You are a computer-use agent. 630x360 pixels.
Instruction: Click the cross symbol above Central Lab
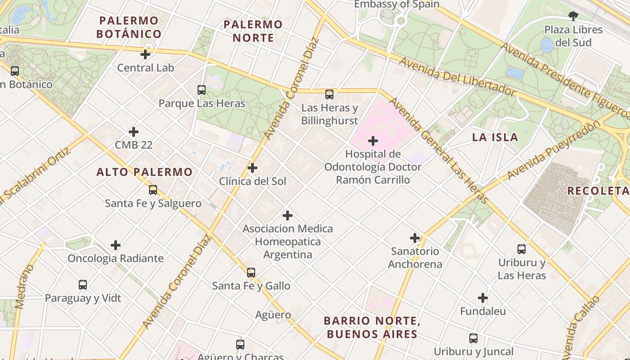tap(145, 54)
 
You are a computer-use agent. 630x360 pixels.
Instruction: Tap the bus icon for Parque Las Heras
tap(202, 90)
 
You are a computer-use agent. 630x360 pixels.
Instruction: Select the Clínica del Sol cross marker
tap(252, 168)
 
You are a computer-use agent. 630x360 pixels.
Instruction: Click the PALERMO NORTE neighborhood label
tap(253, 31)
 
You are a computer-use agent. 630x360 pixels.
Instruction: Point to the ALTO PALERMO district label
tap(144, 172)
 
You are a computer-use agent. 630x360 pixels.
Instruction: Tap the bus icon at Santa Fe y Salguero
tap(153, 190)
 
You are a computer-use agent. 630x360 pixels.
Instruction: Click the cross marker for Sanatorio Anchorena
tap(415, 238)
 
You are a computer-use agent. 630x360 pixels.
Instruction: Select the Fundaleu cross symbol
tap(483, 298)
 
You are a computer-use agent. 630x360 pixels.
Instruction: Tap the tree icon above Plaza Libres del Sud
tap(573, 16)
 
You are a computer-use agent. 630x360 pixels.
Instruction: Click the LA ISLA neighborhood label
tap(495, 137)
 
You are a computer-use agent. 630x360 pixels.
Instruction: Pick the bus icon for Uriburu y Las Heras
tap(522, 249)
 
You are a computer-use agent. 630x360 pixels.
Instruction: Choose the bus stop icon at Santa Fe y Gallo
tap(251, 272)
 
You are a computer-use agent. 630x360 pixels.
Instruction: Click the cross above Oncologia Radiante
tap(116, 245)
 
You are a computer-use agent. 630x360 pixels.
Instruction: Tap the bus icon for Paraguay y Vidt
tap(83, 284)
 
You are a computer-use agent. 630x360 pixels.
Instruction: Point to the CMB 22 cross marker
tap(134, 132)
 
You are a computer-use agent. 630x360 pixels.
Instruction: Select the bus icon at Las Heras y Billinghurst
tap(329, 94)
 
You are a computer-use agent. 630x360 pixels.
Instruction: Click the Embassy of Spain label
tap(396, 4)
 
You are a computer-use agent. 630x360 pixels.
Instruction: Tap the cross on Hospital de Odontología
tap(373, 141)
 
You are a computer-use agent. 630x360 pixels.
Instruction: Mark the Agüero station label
tap(273, 315)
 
